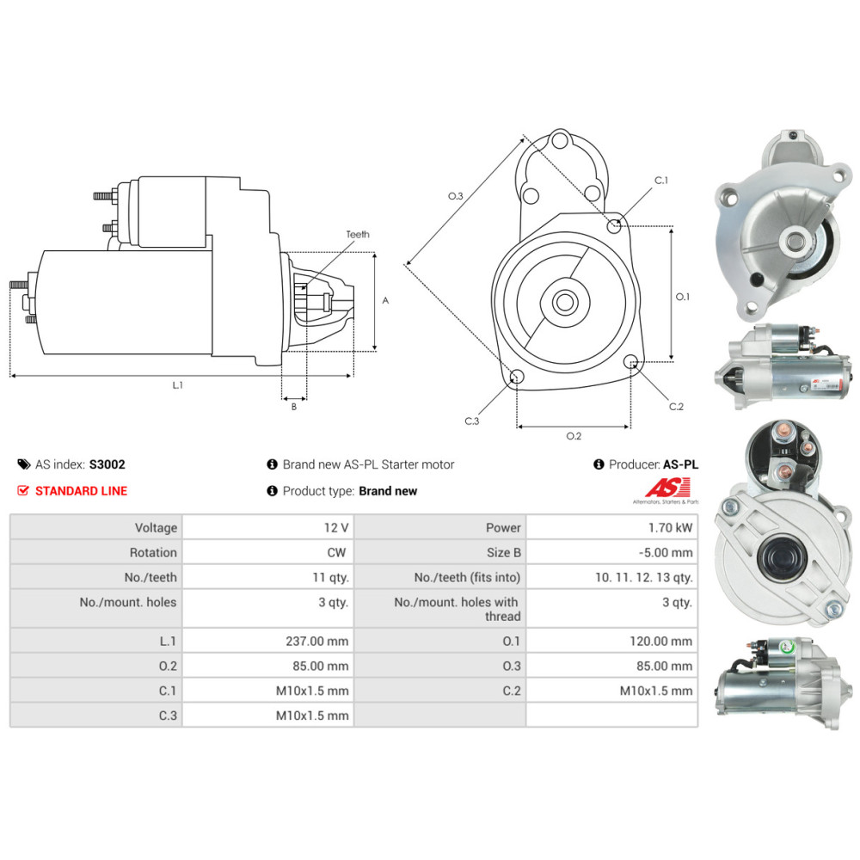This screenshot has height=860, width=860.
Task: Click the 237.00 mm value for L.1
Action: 316,641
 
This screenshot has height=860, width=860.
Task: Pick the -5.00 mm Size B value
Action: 664,552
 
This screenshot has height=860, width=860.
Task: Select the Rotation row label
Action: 153,552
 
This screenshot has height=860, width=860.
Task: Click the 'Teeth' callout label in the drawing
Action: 358,234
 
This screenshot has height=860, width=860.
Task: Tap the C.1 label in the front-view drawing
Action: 661,181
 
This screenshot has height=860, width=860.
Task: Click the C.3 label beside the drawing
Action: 471,421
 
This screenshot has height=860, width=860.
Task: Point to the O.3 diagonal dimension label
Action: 456,196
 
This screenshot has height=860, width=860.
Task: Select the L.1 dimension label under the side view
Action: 178,385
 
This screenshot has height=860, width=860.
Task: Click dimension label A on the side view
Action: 385,301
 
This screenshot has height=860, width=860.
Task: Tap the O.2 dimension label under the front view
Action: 574,435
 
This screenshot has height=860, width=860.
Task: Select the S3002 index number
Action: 107,464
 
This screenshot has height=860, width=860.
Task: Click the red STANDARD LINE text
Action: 81,491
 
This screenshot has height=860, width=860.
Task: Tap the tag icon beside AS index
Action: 23,464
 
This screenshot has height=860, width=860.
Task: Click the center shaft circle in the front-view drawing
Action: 565,302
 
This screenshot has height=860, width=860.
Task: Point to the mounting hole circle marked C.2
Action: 631,361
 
